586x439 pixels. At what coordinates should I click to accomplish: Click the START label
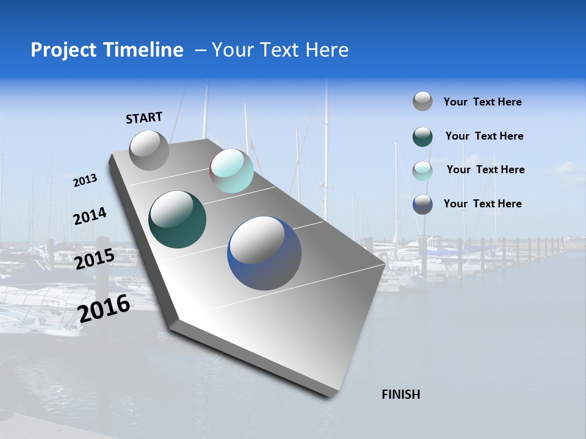(x=144, y=118)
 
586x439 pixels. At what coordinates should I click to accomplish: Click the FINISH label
(x=400, y=394)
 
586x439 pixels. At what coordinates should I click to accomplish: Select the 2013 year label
(x=85, y=180)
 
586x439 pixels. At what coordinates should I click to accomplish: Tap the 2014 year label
(x=90, y=216)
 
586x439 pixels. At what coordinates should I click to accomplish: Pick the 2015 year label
(x=94, y=259)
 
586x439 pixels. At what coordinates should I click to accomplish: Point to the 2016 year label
(x=104, y=309)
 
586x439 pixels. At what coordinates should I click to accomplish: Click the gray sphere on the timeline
(x=149, y=150)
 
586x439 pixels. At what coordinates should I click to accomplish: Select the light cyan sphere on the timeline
(x=231, y=171)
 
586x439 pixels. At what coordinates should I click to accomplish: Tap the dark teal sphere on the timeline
(x=177, y=220)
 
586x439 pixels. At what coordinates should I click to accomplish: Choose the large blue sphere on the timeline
(x=264, y=253)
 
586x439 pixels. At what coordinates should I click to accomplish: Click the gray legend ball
(x=422, y=101)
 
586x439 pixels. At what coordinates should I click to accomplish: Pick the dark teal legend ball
(x=422, y=137)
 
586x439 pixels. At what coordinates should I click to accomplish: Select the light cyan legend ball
(x=422, y=170)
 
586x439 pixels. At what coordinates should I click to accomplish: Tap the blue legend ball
(x=422, y=204)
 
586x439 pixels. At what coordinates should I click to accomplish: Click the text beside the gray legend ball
(x=482, y=102)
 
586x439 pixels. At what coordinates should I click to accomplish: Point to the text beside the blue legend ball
(x=482, y=204)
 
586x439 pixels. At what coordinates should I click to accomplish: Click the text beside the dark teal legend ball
(x=484, y=136)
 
